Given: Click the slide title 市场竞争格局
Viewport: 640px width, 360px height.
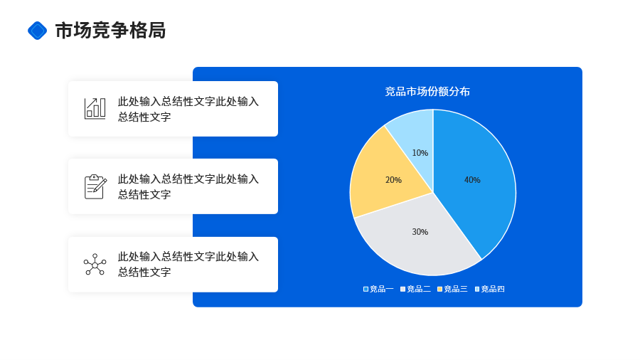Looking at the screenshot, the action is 110,31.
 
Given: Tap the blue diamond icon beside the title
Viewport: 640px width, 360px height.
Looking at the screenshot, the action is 37,31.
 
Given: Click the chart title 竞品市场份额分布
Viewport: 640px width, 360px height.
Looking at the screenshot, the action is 427,92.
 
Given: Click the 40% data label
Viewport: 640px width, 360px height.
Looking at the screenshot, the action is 472,180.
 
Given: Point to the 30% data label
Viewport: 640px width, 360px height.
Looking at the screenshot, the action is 420,232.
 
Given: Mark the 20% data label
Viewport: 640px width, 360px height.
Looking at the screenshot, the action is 393,180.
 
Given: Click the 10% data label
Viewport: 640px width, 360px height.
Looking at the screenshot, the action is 420,153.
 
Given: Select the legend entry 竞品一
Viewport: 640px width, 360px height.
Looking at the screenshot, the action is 378,289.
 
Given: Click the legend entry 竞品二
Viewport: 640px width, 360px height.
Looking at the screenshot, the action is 415,289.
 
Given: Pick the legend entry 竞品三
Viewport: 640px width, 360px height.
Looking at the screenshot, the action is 452,289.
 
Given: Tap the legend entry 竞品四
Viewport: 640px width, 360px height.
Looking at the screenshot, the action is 490,289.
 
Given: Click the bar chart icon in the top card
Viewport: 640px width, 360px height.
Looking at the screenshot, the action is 95,109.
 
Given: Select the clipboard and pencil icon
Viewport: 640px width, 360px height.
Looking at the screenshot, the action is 95,186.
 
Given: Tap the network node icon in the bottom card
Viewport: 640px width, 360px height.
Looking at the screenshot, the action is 95,265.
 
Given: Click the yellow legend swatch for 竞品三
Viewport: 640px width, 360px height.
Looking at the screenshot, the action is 439,289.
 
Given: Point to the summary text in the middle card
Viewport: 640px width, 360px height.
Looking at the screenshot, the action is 188,186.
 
